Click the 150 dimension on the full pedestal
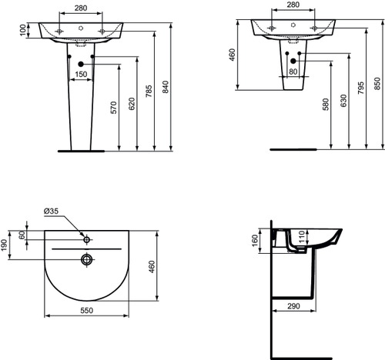pyautogui.click(x=80, y=75)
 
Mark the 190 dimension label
pyautogui.click(x=6, y=244)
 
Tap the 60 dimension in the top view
pyautogui.click(x=22, y=236)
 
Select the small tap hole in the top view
pyautogui.click(x=87, y=238)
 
